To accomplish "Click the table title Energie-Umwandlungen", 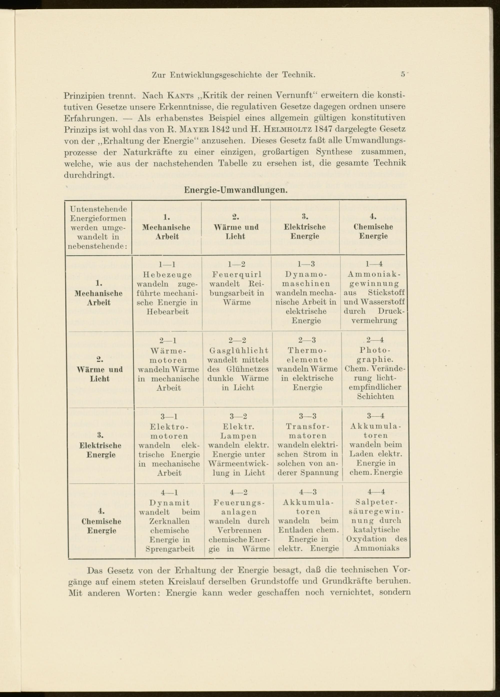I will click(235, 190).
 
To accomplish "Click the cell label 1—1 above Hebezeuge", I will click(167, 264).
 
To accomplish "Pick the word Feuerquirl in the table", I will click(236, 274).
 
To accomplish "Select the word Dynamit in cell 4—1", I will click(169, 503).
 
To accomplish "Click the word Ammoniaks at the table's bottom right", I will click(376, 548).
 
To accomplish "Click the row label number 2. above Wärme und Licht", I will click(100, 359).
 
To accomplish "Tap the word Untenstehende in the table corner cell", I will click(98, 209).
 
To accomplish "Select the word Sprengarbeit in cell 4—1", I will click(170, 549).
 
